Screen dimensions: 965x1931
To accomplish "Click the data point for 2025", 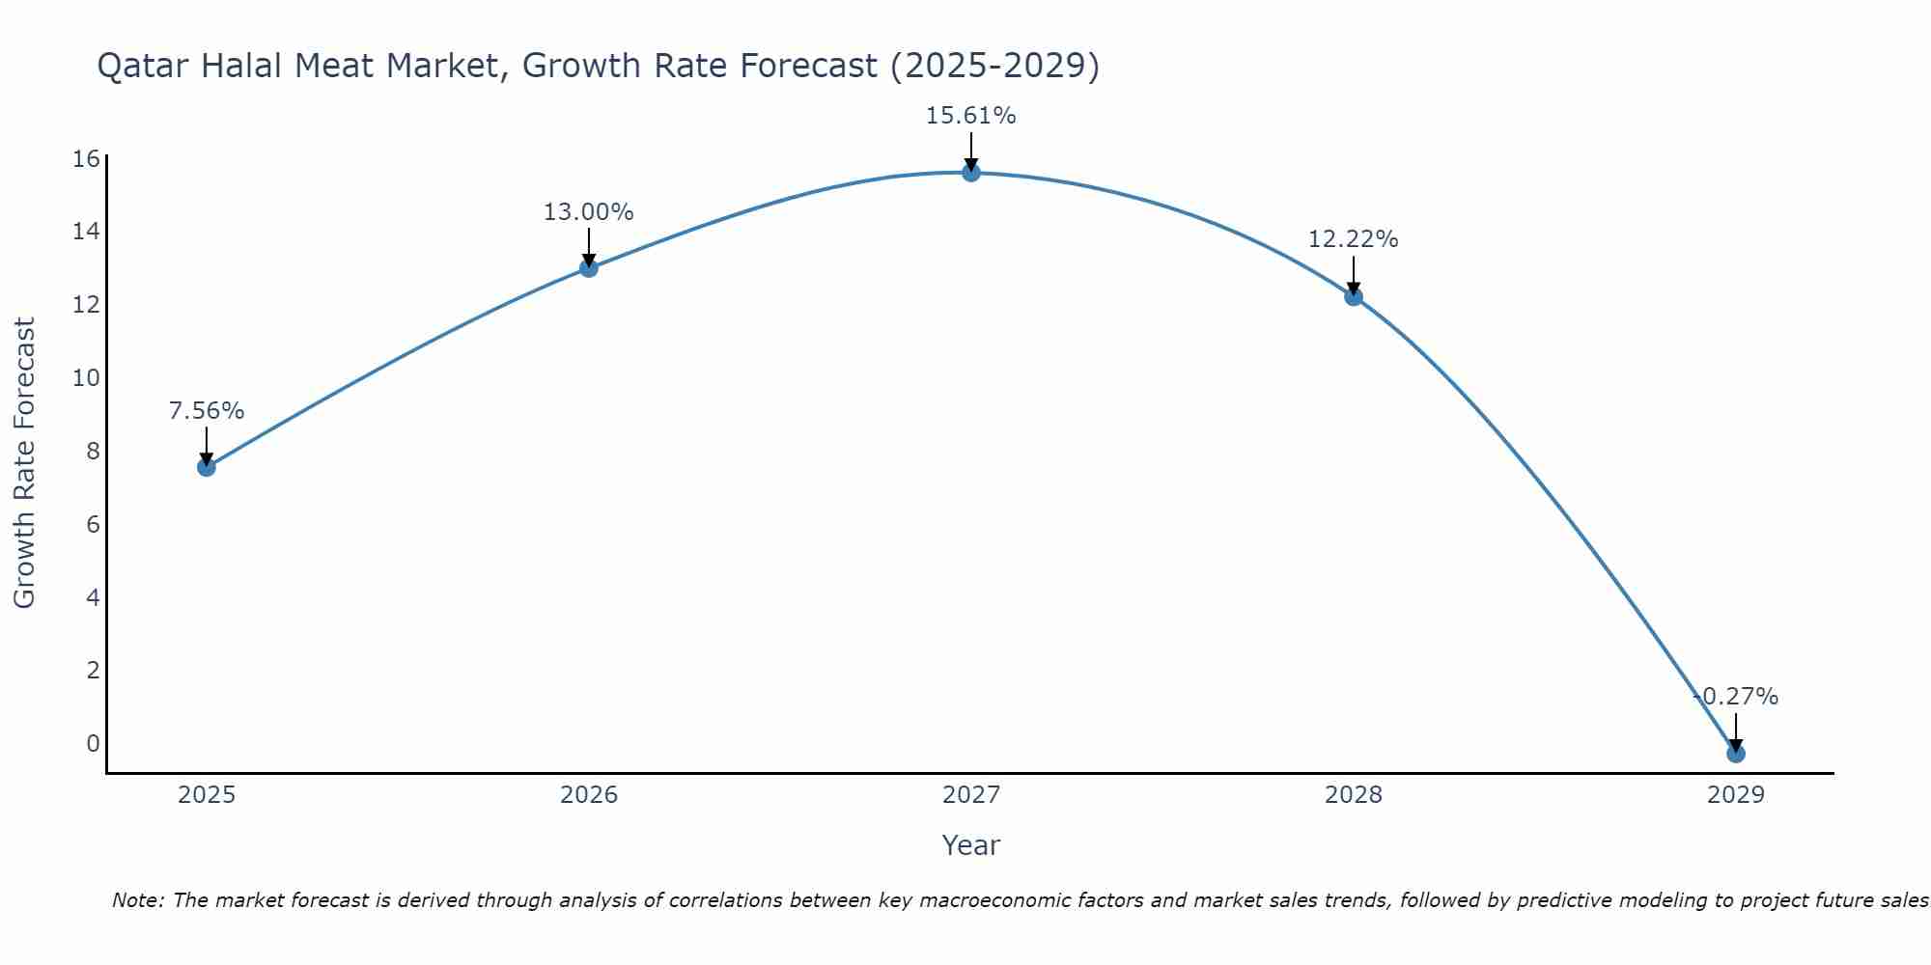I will [206, 467].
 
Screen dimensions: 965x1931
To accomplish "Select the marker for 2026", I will [589, 268].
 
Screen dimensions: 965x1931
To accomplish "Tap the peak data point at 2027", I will [971, 173].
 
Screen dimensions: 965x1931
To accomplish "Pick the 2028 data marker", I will [1354, 296].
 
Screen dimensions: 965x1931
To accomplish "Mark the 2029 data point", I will [1736, 754].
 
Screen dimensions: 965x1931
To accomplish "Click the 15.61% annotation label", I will [970, 116].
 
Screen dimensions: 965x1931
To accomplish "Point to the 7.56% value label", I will [207, 411].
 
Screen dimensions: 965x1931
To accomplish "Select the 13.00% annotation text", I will [588, 212].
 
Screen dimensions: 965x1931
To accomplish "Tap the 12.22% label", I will [1353, 239].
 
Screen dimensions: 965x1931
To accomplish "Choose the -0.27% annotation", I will [1735, 697].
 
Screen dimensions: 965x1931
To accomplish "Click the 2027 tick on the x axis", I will [971, 795].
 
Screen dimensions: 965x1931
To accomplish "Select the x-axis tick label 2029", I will [1736, 795].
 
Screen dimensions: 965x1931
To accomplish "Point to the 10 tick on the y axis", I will [87, 377].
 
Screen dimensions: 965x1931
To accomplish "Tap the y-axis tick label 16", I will [87, 158].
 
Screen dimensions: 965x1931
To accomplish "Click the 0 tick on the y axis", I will [93, 743].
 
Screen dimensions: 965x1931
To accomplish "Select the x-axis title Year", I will [970, 845].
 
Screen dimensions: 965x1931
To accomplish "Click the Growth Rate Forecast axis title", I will [24, 463].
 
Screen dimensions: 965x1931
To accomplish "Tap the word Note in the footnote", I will [138, 900].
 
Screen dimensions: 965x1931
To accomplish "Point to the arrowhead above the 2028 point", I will [1354, 288].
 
